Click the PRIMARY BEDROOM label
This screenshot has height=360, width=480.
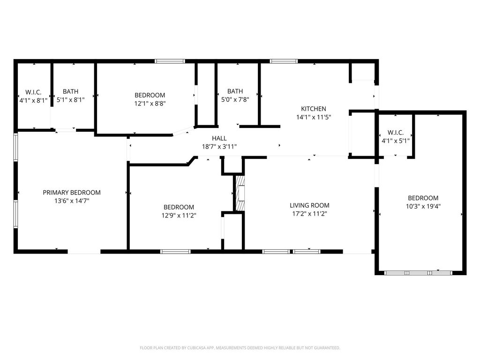click(x=72, y=193)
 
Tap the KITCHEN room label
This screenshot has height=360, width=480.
click(x=314, y=109)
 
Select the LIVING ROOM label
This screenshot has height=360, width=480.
click(x=309, y=205)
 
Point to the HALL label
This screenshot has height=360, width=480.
click(x=219, y=138)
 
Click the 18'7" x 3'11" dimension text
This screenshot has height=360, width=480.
click(x=219, y=147)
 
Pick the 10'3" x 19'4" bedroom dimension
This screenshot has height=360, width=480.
click(x=423, y=206)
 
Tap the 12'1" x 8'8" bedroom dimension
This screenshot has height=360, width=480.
click(x=150, y=104)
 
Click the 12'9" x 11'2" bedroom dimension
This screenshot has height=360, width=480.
click(x=179, y=216)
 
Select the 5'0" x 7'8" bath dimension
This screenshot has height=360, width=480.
click(x=235, y=99)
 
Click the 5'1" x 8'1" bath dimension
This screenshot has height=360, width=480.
click(x=71, y=100)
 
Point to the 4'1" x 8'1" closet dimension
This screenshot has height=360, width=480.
click(x=33, y=100)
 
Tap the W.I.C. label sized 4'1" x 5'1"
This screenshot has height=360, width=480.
click(x=396, y=133)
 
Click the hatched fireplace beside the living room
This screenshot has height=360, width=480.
click(x=240, y=193)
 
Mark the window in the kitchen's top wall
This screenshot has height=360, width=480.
click(x=284, y=61)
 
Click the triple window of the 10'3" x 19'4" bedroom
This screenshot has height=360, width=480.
click(x=418, y=273)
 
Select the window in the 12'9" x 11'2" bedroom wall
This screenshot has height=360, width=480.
click(x=175, y=252)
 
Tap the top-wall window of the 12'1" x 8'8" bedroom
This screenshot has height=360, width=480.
click(x=170, y=61)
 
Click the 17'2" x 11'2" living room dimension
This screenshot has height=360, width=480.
click(x=309, y=214)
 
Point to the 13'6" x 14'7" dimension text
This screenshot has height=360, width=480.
click(x=72, y=201)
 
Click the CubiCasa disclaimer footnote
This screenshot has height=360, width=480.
click(x=240, y=348)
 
